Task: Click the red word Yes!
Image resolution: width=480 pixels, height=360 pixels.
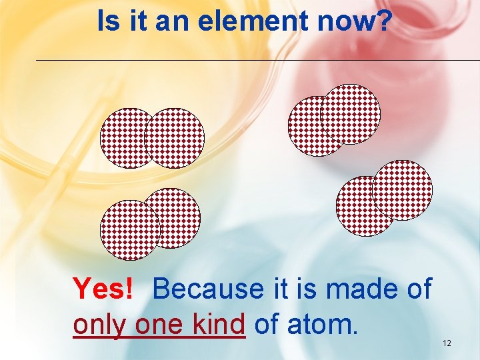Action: (104, 289)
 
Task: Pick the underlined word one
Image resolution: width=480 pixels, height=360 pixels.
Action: (157, 325)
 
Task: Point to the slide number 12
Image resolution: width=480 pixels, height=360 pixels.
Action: (447, 343)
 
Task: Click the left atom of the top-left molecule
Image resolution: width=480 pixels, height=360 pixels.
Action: (120, 138)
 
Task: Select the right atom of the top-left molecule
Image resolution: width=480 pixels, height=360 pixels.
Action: (175, 138)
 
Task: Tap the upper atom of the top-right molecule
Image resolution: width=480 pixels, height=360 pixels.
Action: (351, 113)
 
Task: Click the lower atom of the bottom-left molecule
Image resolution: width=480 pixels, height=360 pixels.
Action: (128, 231)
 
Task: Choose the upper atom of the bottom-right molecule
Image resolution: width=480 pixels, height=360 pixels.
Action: (403, 189)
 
